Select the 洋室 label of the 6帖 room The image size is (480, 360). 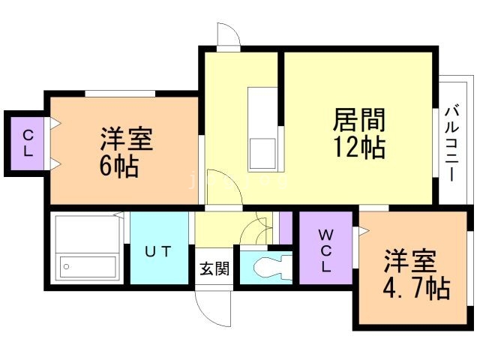(127, 140)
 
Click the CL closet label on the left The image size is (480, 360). (27, 142)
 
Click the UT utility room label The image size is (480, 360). (160, 252)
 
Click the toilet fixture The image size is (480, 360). (269, 266)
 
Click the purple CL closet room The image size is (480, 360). (27, 143)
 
